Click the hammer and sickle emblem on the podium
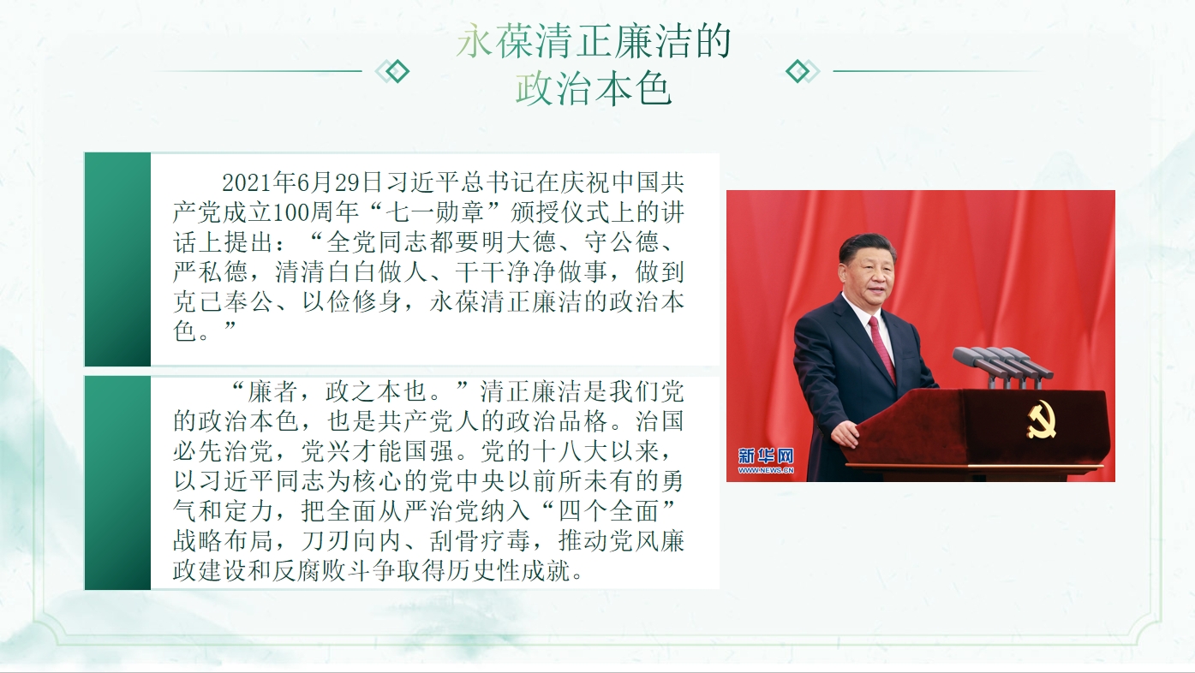click(1041, 420)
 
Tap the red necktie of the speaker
click(881, 347)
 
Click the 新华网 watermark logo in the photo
click(766, 456)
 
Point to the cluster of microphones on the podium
click(1003, 366)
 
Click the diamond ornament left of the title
click(392, 71)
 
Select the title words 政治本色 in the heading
click(594, 90)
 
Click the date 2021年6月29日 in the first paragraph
click(302, 183)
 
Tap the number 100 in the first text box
click(291, 213)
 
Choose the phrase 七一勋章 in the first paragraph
click(434, 213)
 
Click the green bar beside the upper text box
click(117, 259)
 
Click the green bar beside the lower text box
click(117, 483)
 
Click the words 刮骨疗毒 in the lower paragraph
click(480, 541)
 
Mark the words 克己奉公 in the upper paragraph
click(224, 302)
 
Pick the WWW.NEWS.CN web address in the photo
click(766, 470)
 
